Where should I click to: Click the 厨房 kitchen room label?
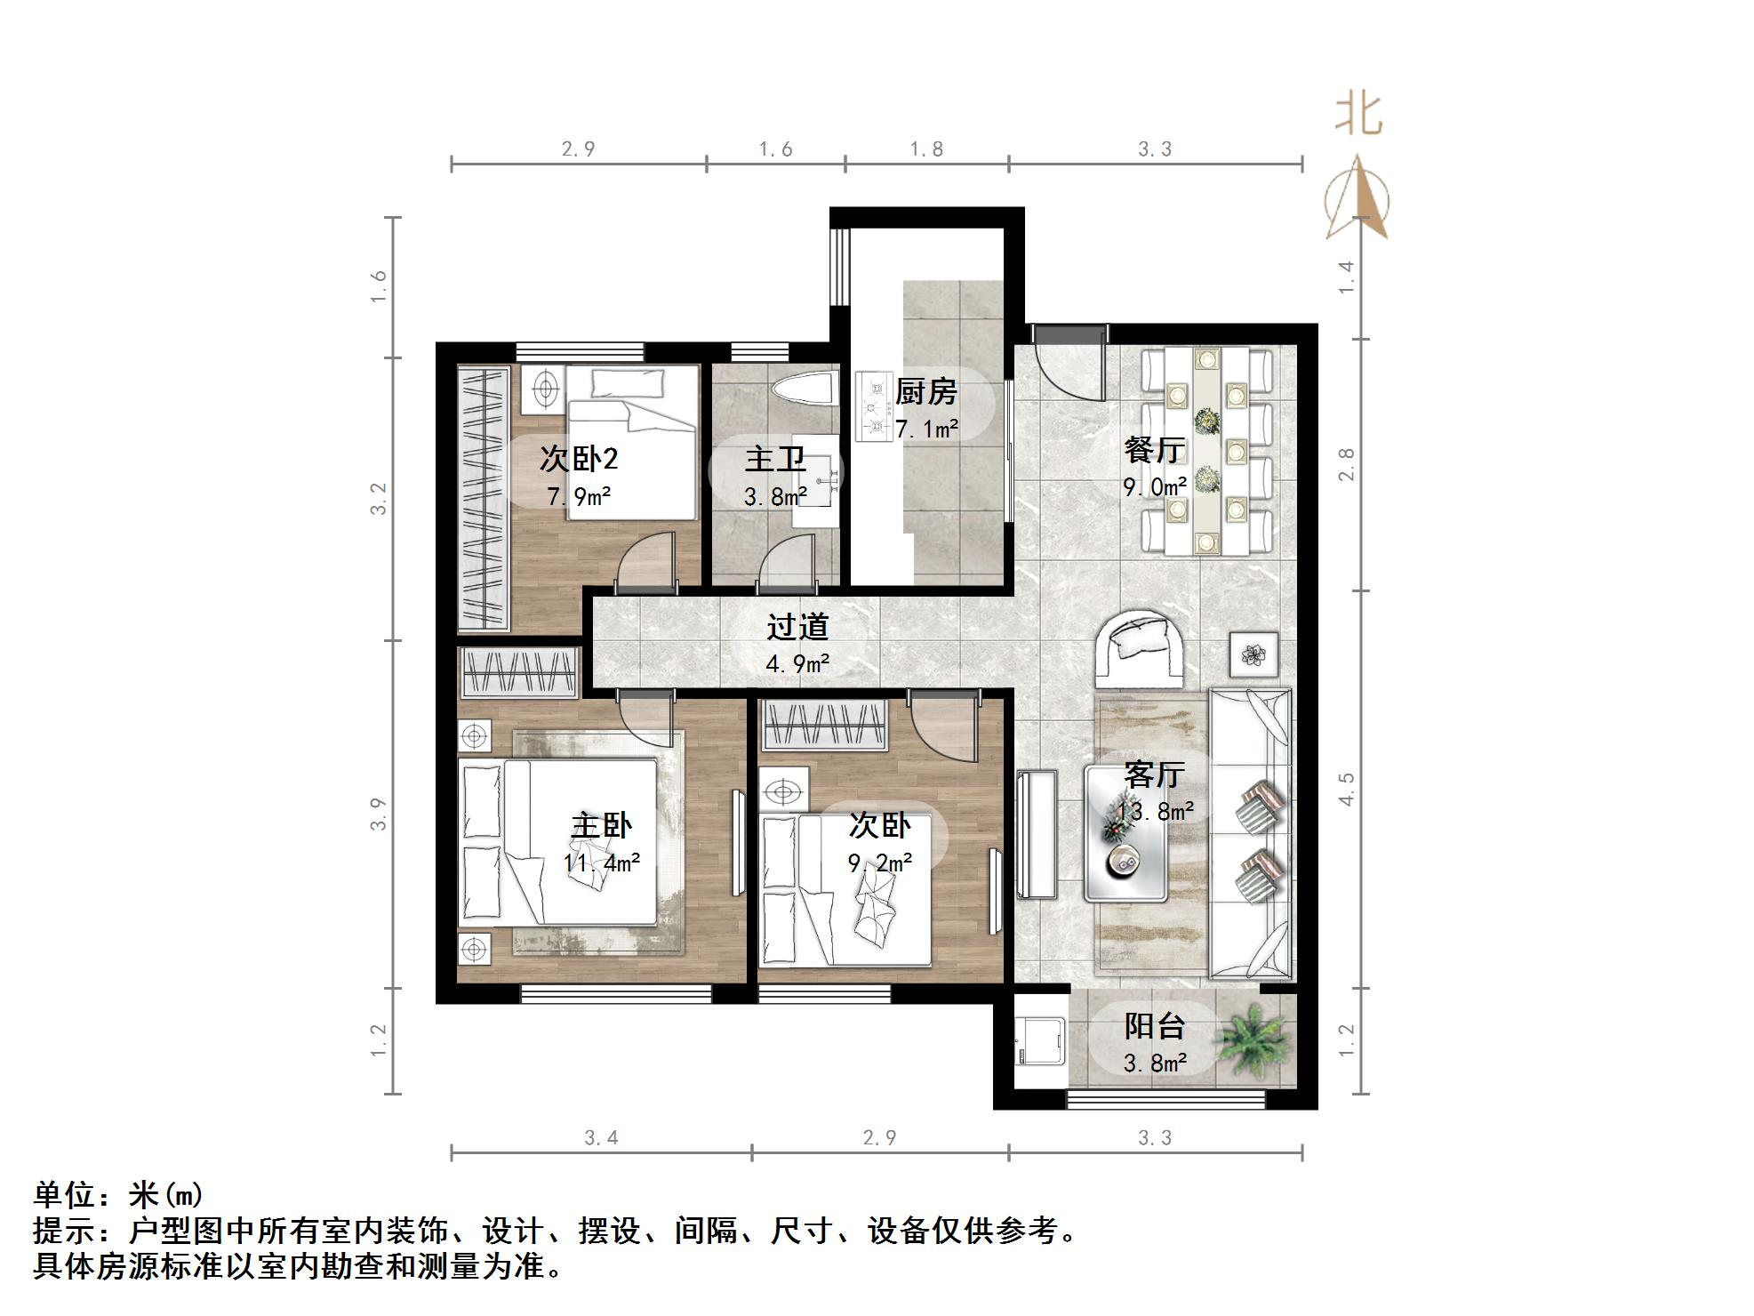[x=925, y=391]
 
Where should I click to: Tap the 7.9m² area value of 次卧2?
[x=578, y=496]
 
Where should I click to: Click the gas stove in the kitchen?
[x=873, y=407]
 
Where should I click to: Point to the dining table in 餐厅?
[x=1206, y=450]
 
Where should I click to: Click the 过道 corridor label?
[x=797, y=627]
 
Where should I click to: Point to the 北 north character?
[x=1358, y=115]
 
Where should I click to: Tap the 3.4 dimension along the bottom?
[x=601, y=1137]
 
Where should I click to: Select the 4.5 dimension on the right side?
[x=1346, y=789]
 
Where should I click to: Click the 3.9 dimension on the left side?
[x=380, y=814]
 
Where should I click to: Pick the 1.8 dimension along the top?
[x=925, y=149]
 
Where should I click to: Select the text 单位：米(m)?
[x=118, y=1195]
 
